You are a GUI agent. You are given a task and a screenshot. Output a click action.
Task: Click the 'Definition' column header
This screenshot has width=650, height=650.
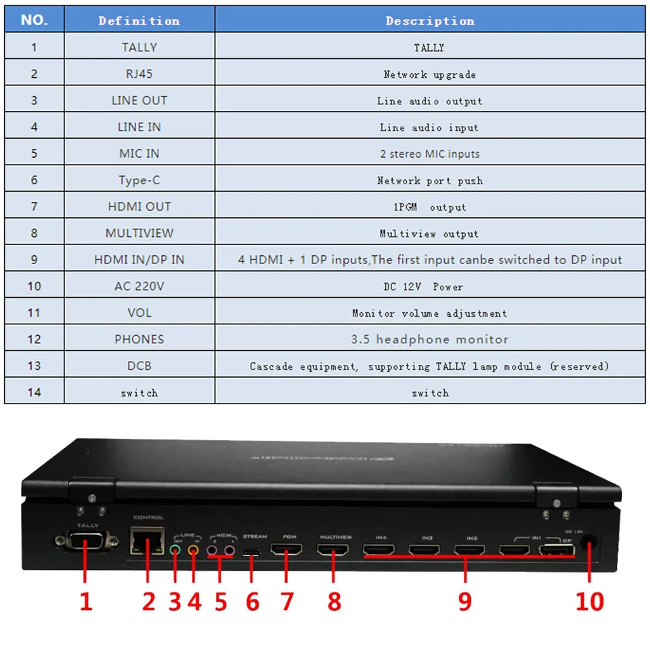[139, 20]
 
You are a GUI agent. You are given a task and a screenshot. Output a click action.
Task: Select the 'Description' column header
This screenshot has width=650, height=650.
[430, 20]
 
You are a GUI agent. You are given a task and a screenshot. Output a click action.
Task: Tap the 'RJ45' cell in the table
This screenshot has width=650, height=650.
[139, 74]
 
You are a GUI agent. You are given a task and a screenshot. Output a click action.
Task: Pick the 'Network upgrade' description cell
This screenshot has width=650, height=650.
[430, 74]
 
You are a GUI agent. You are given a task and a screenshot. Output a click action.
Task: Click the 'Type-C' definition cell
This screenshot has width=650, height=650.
[139, 180]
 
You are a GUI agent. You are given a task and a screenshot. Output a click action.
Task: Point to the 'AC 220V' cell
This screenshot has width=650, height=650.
[139, 286]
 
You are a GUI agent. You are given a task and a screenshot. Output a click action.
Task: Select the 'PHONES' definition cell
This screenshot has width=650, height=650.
[139, 339]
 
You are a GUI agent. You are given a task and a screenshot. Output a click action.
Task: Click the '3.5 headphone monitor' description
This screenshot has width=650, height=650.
[430, 339]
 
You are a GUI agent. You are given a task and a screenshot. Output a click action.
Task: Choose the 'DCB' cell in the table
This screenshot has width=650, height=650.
[139, 366]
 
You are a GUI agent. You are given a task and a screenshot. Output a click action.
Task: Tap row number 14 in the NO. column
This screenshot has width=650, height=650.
[34, 392]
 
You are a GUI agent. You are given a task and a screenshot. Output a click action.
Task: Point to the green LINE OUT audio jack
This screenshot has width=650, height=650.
[176, 551]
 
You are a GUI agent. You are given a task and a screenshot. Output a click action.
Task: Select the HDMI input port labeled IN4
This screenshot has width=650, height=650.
[380, 550]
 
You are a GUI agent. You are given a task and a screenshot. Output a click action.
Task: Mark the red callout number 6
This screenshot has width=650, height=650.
[252, 601]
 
